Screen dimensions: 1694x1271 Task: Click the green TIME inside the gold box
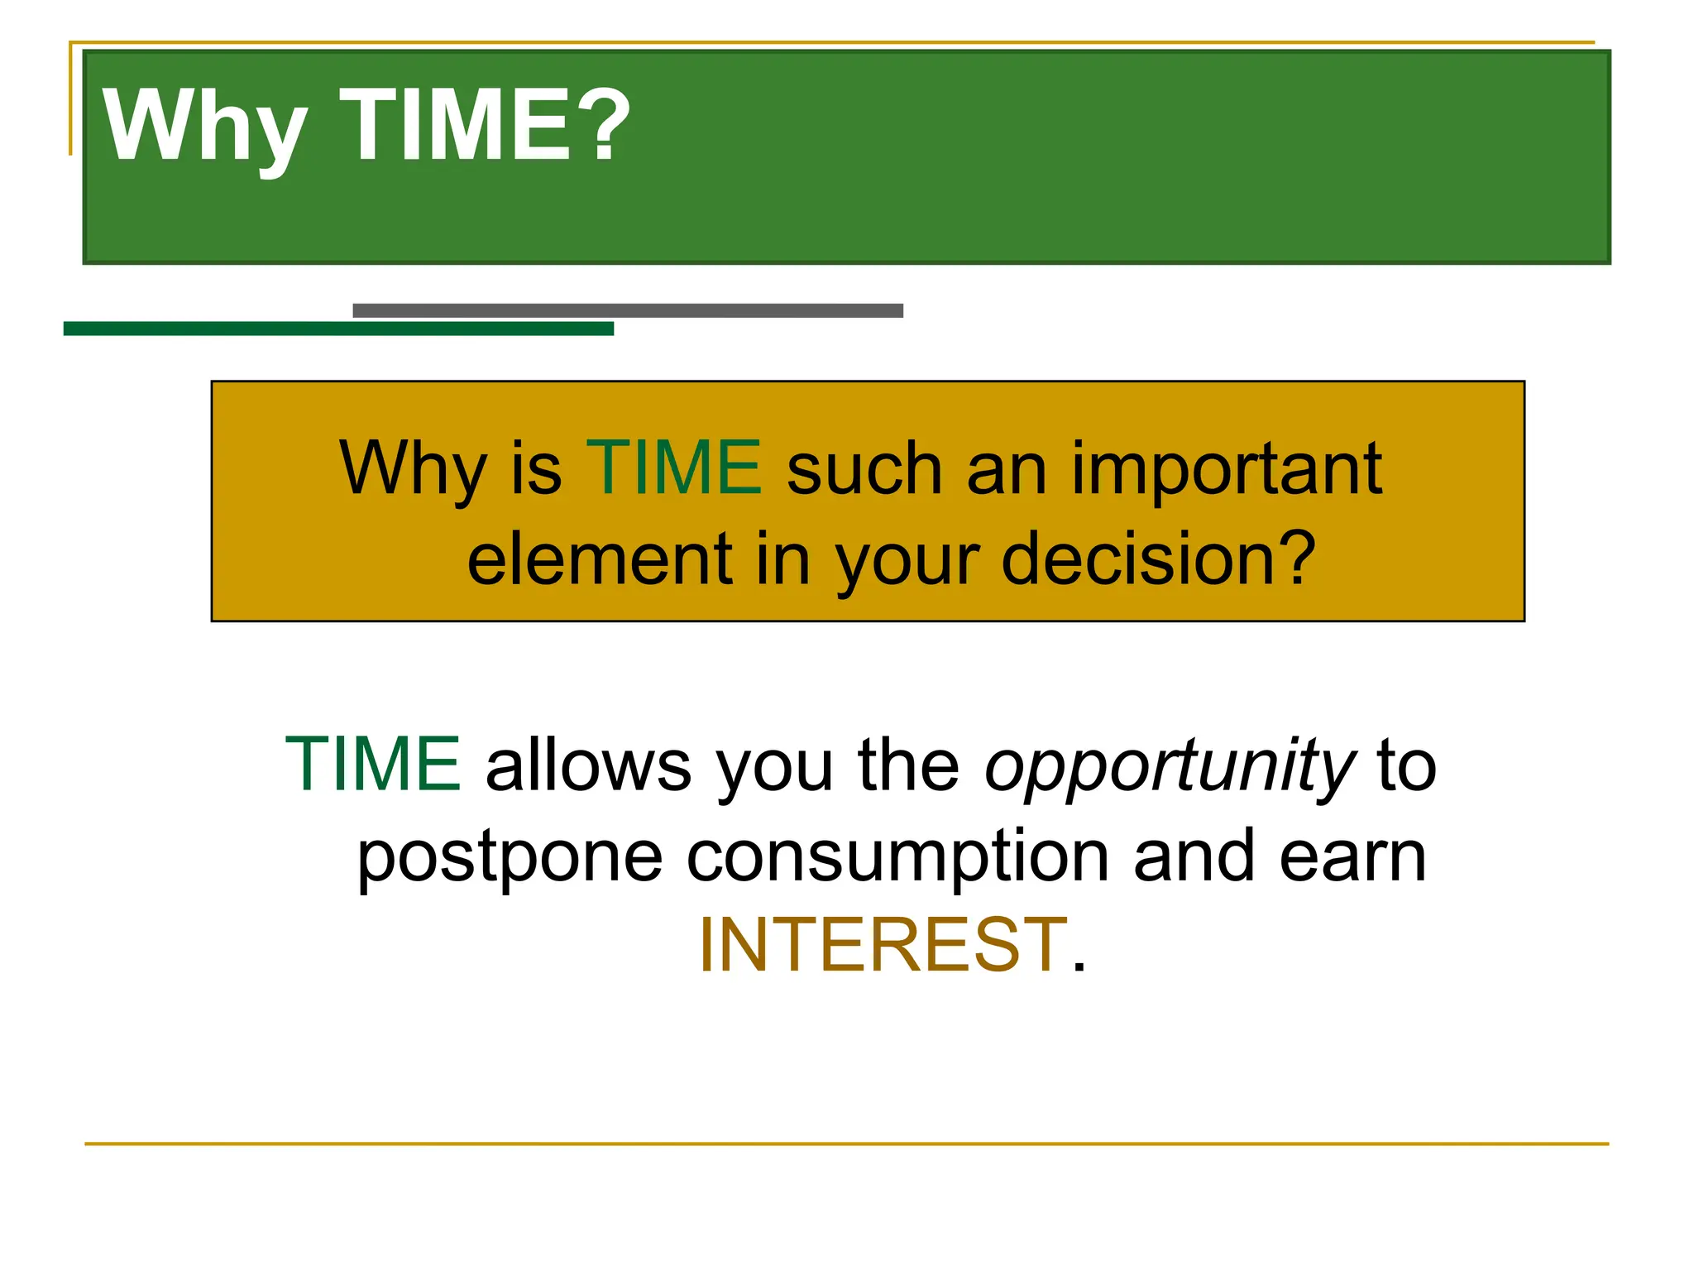[673, 468]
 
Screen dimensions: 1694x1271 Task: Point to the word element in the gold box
[600, 560]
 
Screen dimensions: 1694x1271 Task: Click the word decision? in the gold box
[1158, 560]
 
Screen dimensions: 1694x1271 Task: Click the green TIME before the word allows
[373, 765]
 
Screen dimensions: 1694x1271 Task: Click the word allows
[588, 765]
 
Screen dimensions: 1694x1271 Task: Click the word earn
[1352, 856]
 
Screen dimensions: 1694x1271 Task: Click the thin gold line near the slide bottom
[846, 1144]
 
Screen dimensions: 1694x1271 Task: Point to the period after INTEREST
[1078, 966]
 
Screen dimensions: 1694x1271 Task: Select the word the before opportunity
[908, 765]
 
